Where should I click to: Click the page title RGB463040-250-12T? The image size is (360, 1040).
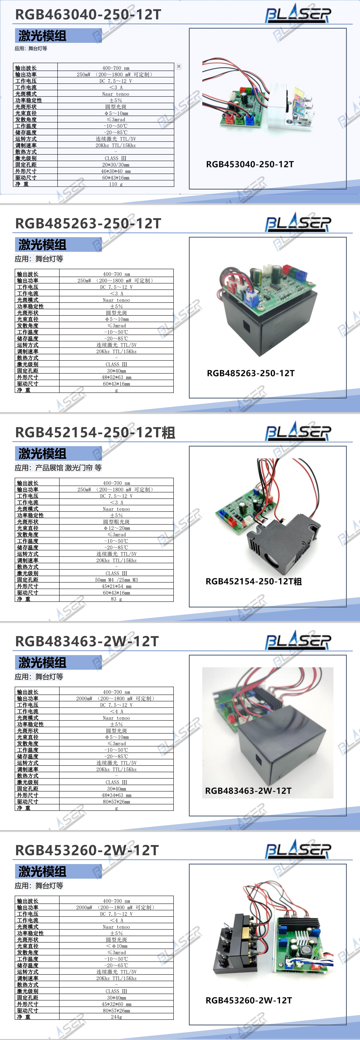(x=88, y=15)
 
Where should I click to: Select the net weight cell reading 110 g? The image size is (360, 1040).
(x=116, y=184)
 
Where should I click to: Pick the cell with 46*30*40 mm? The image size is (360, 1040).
(x=116, y=171)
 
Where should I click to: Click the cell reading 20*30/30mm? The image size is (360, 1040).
(x=116, y=165)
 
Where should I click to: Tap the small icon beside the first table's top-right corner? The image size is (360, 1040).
(x=179, y=66)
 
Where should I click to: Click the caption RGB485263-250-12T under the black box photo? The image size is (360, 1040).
(x=251, y=373)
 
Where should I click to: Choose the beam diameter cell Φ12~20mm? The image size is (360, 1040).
(x=116, y=528)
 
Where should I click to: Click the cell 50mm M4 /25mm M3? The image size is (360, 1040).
(x=116, y=580)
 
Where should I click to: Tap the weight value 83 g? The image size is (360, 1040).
(x=116, y=599)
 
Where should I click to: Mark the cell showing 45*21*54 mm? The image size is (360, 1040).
(x=116, y=586)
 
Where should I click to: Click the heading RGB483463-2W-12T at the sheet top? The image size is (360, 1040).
(x=87, y=641)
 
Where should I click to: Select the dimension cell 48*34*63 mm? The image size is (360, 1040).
(x=116, y=795)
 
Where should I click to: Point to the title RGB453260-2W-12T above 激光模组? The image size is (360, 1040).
(x=87, y=850)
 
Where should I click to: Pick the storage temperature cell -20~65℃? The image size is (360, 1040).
(x=116, y=965)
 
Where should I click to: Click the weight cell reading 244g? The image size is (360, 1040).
(x=116, y=1017)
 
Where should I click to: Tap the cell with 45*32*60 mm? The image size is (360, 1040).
(x=116, y=1004)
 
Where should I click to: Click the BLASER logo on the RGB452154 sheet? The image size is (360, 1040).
(x=298, y=432)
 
